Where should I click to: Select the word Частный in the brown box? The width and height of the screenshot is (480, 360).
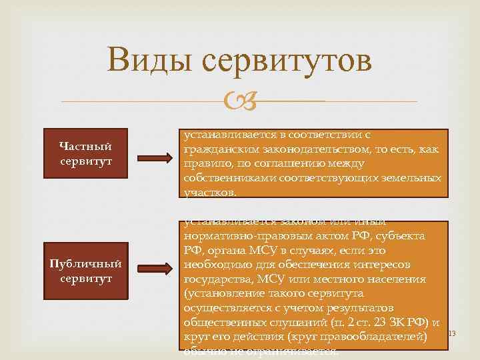[x=85, y=146]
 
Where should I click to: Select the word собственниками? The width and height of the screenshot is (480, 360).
[x=225, y=179]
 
